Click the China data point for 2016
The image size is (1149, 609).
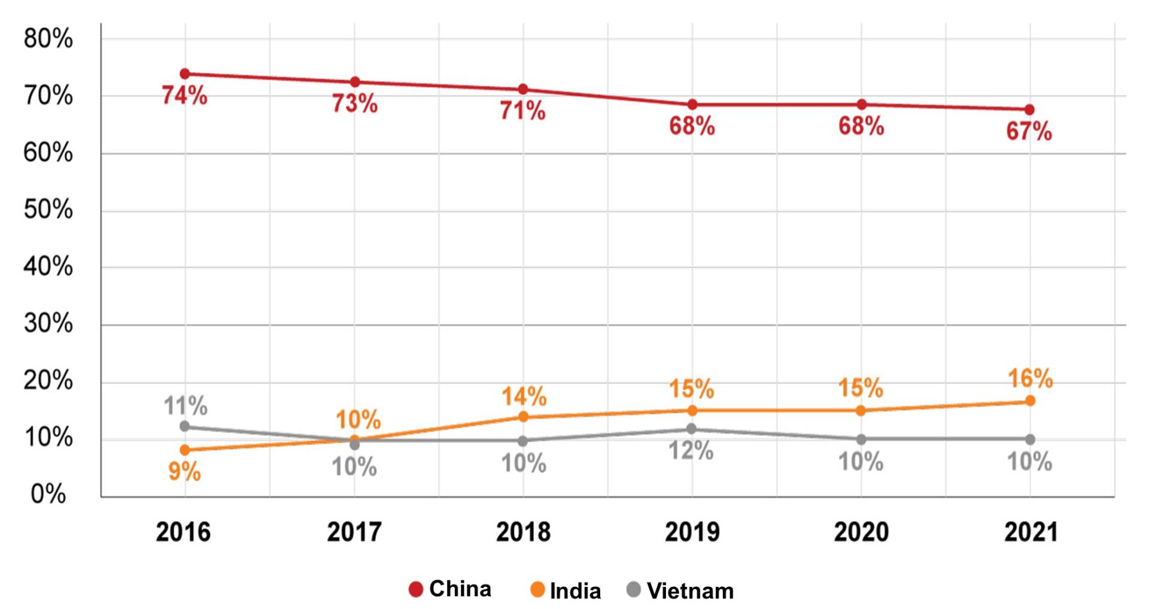[185, 74]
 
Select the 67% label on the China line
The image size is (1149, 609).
[1029, 131]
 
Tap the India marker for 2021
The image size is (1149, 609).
[1030, 401]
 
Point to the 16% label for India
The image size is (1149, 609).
[1030, 378]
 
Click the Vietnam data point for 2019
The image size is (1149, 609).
[692, 429]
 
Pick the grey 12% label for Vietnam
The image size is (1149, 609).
[691, 451]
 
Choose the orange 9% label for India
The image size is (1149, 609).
[184, 472]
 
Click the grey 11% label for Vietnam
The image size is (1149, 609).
[186, 406]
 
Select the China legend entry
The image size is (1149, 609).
[450, 589]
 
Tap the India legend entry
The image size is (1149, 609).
[566, 591]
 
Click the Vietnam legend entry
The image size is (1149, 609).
[680, 591]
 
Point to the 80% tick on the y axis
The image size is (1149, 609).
[48, 39]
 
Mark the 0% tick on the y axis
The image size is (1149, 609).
[48, 494]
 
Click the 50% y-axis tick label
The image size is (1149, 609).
[48, 210]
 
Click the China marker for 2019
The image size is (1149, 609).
[692, 105]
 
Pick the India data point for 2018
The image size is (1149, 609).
[523, 417]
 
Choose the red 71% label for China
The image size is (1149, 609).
[522, 111]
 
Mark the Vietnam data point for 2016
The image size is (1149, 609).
[185, 426]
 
